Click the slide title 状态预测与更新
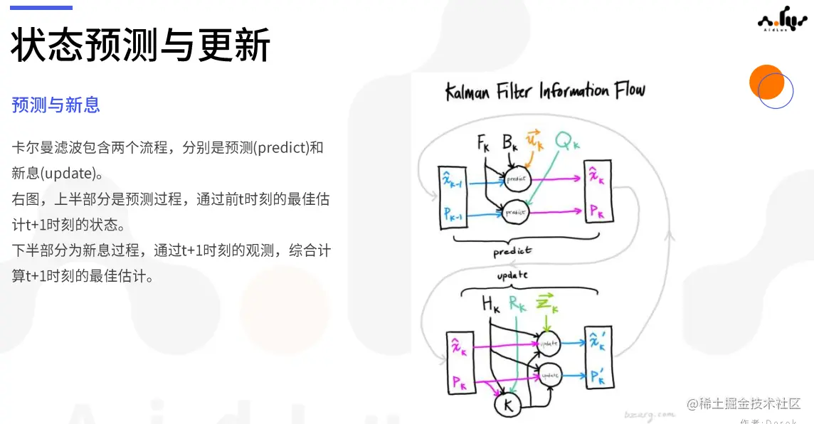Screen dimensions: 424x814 click(x=140, y=46)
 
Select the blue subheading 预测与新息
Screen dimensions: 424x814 click(x=55, y=105)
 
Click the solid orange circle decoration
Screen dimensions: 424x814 click(x=766, y=82)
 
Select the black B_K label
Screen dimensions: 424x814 click(x=510, y=144)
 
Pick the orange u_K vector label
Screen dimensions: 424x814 click(x=534, y=141)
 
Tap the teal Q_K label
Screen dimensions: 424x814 click(x=567, y=142)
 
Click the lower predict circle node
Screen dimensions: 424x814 click(x=515, y=211)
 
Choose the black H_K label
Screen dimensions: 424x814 click(x=491, y=304)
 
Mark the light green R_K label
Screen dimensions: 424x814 click(x=518, y=304)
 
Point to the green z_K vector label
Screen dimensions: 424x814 click(x=546, y=304)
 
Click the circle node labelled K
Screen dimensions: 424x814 click(x=508, y=405)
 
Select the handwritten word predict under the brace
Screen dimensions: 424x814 click(x=512, y=251)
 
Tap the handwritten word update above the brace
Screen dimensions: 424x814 click(x=512, y=275)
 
